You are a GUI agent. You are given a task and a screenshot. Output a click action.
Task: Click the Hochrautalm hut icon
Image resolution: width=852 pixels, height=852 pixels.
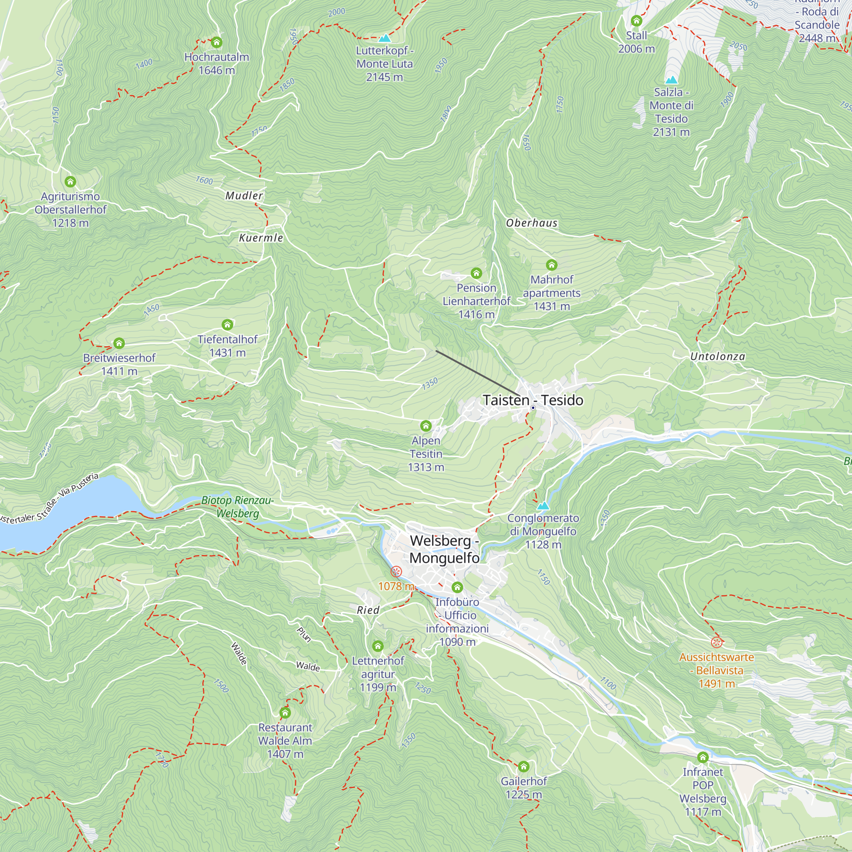[216, 42]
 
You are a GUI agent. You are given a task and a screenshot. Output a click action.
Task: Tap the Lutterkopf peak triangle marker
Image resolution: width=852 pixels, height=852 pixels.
[385, 38]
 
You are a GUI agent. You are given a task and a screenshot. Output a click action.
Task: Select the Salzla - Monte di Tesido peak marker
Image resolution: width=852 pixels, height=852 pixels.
[671, 80]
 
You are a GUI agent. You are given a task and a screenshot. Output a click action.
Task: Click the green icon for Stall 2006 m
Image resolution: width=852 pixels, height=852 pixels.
[636, 21]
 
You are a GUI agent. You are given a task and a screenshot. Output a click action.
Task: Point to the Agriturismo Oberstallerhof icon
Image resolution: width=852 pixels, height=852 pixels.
[70, 182]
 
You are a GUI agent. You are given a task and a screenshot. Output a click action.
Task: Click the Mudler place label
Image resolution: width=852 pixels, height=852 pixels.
[244, 196]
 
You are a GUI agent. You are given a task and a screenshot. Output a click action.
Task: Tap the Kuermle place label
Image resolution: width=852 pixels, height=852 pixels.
[261, 238]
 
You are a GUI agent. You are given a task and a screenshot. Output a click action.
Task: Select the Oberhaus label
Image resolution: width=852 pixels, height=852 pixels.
[531, 223]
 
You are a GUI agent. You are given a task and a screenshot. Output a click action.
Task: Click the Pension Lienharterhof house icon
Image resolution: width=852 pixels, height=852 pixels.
[476, 273]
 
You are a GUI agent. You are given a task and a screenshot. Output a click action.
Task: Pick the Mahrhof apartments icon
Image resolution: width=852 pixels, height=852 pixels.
[551, 265]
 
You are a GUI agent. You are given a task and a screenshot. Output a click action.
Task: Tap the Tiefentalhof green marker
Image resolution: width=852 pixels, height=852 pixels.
[227, 325]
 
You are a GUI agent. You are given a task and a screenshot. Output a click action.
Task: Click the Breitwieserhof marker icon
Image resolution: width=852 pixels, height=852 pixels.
[118, 343]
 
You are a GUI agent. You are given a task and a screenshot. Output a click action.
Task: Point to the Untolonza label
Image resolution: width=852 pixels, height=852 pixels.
[717, 356]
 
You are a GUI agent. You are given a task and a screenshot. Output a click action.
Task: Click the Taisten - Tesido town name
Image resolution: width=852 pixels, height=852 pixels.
[533, 400]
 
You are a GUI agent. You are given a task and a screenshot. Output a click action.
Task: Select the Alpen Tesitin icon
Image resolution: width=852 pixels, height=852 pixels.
[426, 426]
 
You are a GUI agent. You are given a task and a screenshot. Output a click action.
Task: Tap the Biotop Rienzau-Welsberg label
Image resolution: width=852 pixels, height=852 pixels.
[238, 507]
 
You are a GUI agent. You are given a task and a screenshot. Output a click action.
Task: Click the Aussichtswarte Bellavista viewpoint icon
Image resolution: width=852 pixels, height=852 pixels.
[716, 642]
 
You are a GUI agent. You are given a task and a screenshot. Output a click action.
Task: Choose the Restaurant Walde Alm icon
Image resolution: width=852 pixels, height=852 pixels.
[285, 713]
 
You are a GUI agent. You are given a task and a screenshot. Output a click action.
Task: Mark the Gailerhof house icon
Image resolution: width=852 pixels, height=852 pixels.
[524, 766]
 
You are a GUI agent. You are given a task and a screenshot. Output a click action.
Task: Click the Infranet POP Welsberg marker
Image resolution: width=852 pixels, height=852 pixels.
[702, 757]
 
